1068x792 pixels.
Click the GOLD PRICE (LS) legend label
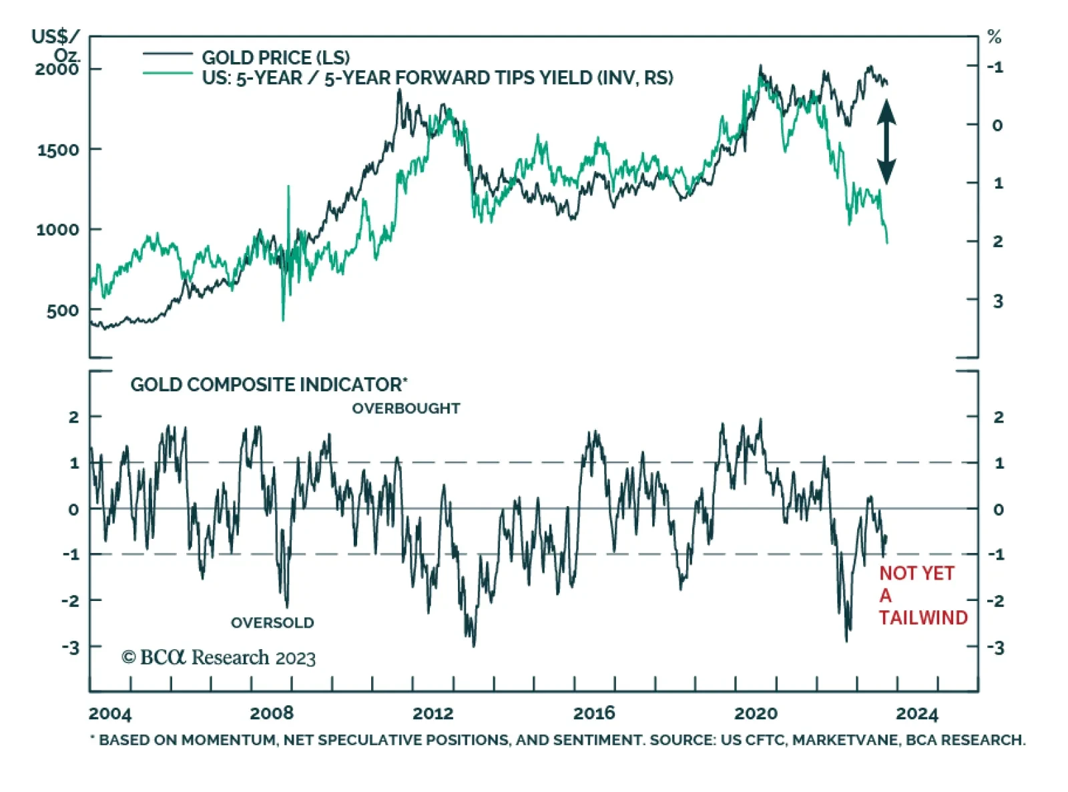[276, 57]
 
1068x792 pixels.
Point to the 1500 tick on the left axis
[57, 150]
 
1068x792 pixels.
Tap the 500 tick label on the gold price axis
[62, 311]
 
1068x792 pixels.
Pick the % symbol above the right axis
[994, 37]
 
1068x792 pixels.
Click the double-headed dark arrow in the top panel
[886, 142]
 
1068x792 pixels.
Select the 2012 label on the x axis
[433, 714]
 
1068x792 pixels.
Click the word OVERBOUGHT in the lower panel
[406, 409]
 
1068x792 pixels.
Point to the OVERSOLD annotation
[272, 623]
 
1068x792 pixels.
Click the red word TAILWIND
[923, 618]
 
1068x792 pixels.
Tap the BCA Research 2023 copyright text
[218, 658]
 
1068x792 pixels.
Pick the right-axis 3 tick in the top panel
[997, 301]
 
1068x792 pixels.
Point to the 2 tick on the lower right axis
[998, 417]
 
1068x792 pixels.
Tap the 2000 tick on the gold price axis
[57, 69]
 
